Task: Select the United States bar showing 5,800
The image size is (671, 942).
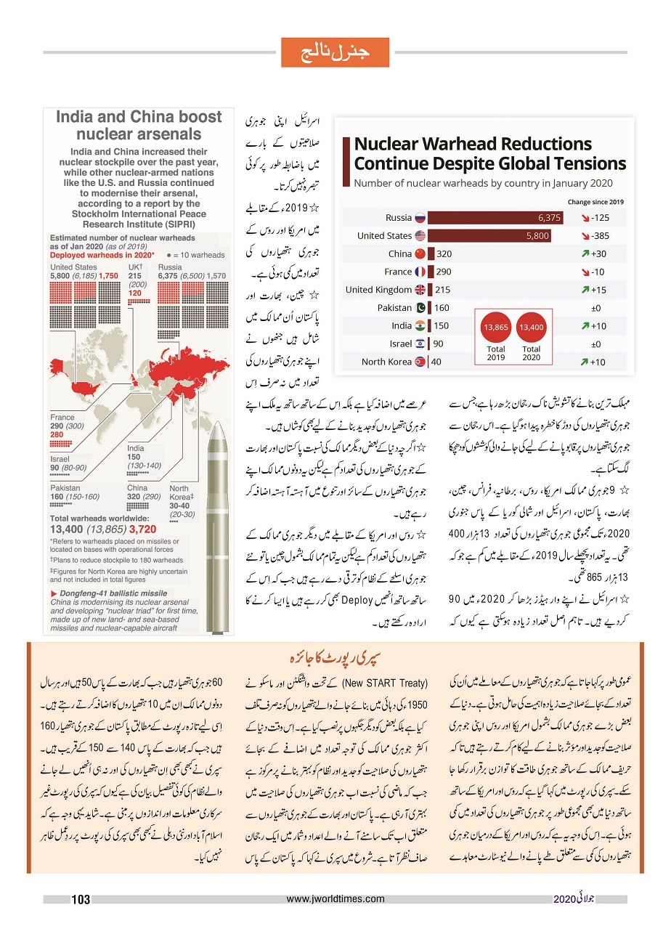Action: click(x=489, y=235)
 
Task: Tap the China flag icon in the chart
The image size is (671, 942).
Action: click(x=419, y=253)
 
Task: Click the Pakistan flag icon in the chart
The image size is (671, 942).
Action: click(x=419, y=308)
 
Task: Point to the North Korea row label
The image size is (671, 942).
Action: click(x=386, y=362)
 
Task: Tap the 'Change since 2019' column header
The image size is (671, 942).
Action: click(x=595, y=202)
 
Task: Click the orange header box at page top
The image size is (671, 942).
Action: click(x=335, y=52)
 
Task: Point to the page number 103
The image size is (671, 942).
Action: click(x=81, y=900)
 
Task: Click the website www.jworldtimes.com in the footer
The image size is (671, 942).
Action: click(x=335, y=899)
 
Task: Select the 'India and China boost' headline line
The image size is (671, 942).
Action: click(x=139, y=117)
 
